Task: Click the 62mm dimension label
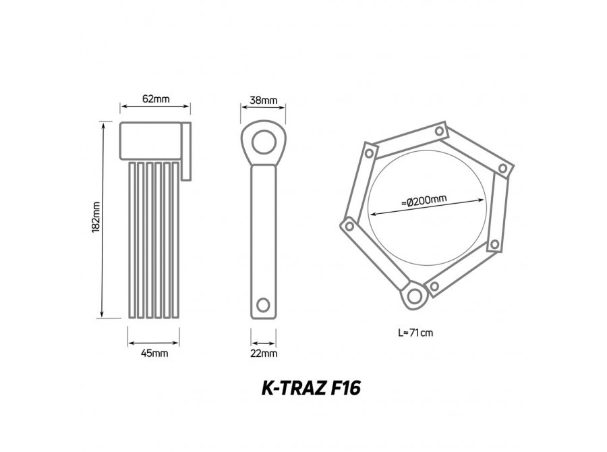click(156, 98)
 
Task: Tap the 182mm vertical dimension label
click(96, 217)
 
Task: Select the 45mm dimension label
click(154, 354)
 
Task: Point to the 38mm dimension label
click(263, 101)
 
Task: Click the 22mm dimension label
click(264, 354)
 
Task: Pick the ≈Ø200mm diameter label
click(424, 201)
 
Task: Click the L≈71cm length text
click(415, 333)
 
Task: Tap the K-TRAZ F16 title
click(311, 388)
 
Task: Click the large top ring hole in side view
click(264, 142)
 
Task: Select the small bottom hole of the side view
click(263, 305)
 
